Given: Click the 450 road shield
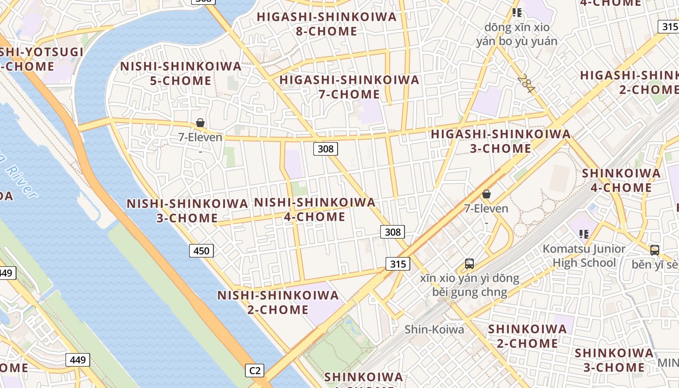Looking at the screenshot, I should tap(201, 251).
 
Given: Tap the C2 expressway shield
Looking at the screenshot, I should tap(255, 371).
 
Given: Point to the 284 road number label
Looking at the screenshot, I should tap(525, 83).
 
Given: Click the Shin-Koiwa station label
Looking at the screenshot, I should tap(434, 330).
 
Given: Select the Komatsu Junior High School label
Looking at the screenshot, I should tap(584, 256).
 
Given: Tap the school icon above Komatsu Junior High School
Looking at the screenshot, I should tap(584, 234).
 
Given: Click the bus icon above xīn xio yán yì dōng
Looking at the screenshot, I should tap(469, 264).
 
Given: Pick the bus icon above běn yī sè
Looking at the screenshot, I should tap(654, 250).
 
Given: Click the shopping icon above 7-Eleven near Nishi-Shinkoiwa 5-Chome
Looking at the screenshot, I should tap(200, 123).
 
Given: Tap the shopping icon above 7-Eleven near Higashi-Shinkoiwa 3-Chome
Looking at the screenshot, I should tap(486, 194).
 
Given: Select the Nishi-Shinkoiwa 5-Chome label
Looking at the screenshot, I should tap(180, 73).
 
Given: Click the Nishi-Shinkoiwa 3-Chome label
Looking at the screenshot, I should tap(187, 210).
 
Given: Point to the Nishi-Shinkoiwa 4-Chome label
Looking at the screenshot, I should tap(315, 209).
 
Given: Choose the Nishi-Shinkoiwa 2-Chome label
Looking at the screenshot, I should tap(278, 302).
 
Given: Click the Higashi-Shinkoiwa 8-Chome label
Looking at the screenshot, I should tap(326, 24).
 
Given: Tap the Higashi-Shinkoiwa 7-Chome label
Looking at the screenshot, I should tap(349, 87).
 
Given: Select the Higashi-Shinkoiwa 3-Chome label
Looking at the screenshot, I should tap(501, 141).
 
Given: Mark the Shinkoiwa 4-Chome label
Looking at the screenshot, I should tap(621, 180).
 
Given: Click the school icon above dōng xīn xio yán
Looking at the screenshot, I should tap(517, 13).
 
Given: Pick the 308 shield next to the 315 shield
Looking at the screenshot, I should tap(392, 232).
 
